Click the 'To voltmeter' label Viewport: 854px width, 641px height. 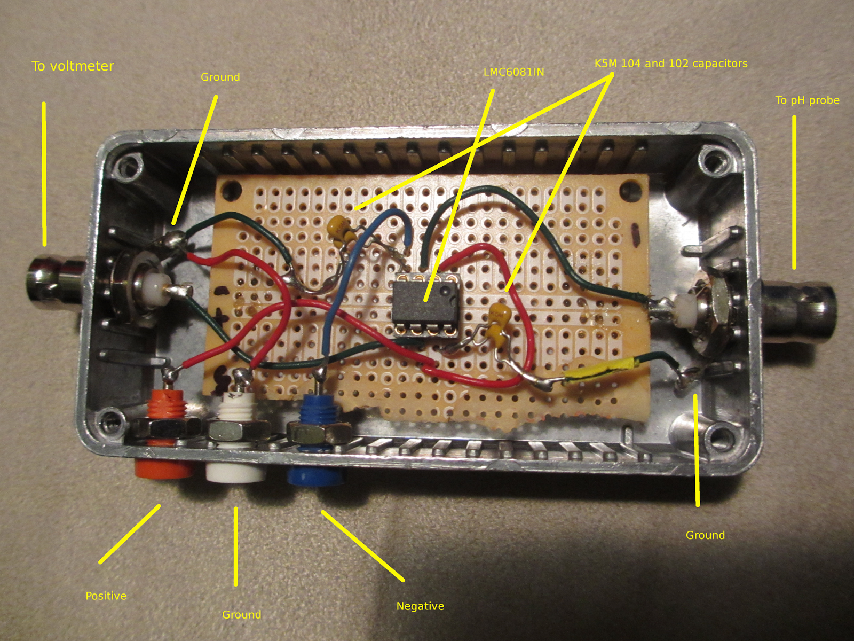(73, 66)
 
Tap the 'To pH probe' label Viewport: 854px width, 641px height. (807, 100)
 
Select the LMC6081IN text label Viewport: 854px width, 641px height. (513, 72)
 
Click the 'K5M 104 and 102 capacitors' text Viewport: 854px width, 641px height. (671, 64)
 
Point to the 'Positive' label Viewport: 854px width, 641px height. (106, 596)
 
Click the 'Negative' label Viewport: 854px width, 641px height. (420, 606)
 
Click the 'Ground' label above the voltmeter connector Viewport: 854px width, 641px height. (220, 77)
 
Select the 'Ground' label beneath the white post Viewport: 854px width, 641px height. (241, 614)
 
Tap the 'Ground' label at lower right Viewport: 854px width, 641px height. (705, 535)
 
